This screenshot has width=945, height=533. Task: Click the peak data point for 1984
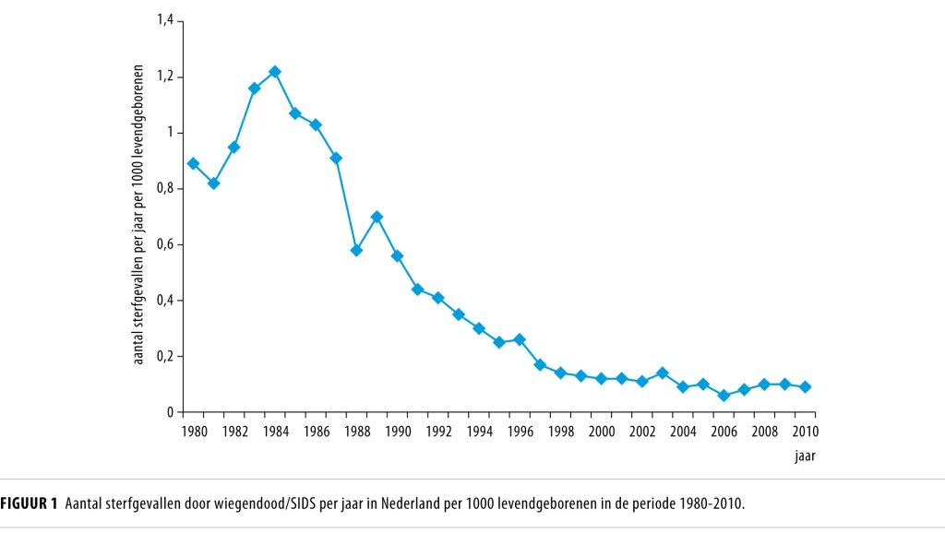(275, 72)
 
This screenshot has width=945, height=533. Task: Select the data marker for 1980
(193, 164)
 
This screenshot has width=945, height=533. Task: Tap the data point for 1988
(356, 250)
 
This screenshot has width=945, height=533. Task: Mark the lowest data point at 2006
(724, 396)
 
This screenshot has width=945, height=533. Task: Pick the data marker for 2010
(805, 387)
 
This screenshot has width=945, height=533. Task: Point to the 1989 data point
(377, 217)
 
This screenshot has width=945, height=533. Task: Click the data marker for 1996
(520, 339)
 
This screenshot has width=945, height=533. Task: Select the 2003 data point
(663, 373)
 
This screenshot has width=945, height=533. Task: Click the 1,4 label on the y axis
(165, 20)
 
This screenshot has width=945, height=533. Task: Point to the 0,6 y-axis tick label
(165, 244)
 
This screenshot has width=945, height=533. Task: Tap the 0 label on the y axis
(171, 412)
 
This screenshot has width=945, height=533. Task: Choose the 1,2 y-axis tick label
(165, 77)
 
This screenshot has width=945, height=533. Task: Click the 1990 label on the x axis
(398, 432)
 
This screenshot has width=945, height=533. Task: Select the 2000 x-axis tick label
(602, 432)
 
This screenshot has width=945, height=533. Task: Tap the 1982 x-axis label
(234, 432)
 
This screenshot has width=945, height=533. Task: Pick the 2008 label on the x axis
(764, 432)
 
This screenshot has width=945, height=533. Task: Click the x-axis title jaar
(805, 456)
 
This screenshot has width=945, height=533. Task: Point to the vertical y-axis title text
(138, 215)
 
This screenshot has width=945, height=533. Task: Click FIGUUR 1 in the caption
(29, 503)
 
